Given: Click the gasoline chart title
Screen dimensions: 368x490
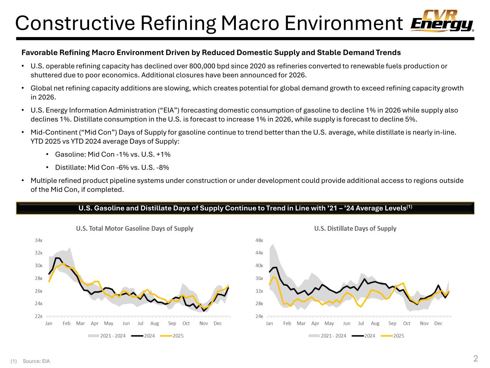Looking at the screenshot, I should click(x=134, y=229).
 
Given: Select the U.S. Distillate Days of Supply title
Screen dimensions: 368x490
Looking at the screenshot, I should click(x=355, y=229).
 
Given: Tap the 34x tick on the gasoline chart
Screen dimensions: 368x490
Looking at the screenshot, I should click(x=39, y=240).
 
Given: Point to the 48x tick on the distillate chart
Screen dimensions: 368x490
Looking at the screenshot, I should click(x=259, y=240).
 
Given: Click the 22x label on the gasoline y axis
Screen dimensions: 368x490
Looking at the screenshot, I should click(x=39, y=317).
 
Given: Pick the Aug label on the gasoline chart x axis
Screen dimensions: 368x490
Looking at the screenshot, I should click(x=154, y=323).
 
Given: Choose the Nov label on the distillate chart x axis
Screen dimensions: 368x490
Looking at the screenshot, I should click(x=424, y=323).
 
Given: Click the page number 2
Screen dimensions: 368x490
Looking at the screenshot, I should click(x=476, y=358).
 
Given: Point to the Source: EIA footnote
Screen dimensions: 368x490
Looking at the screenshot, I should click(x=36, y=361).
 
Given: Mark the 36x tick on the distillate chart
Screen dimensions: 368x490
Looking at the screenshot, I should click(x=259, y=279).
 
